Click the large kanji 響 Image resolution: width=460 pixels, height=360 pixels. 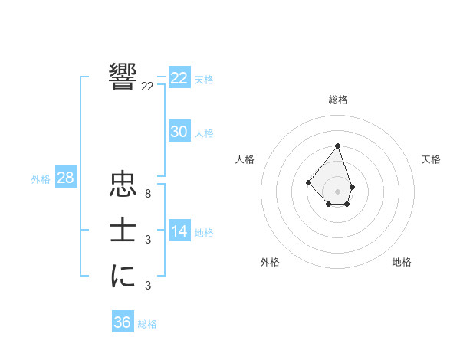123,77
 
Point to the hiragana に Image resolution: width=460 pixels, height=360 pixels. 123,276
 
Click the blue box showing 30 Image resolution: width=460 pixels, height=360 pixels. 179,132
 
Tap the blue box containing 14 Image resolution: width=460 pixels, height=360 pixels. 179,231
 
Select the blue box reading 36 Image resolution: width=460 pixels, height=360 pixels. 123,322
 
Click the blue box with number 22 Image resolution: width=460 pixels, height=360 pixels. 179,78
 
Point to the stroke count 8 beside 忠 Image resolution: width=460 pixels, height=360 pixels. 147,194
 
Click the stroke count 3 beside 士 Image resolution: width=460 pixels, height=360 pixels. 147,240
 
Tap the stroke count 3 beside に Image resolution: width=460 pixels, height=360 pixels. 147,286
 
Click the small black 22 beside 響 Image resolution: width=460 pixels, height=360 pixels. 147,87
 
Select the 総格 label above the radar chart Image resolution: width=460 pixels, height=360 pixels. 338,100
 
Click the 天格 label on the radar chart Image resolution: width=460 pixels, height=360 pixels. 432,159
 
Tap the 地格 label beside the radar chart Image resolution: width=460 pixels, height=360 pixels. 402,262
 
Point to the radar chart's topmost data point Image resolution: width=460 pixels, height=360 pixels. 338,146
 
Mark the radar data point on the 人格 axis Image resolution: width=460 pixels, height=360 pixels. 308,182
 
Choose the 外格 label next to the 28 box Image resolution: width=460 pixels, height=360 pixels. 41,179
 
